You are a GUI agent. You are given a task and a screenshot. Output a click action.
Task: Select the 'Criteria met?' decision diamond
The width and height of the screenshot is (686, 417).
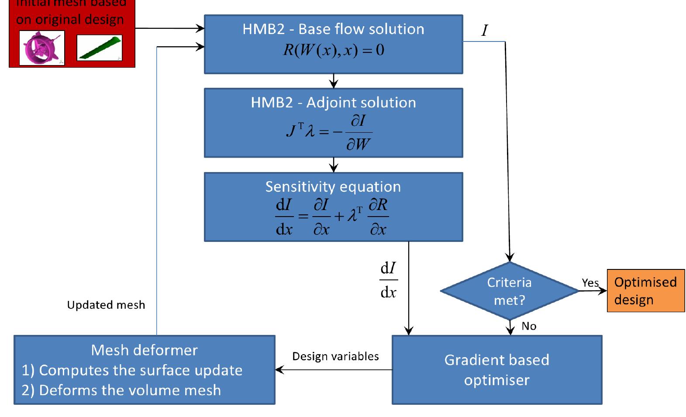click(x=510, y=291)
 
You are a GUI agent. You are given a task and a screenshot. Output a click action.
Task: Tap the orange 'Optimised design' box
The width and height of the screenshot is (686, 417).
click(x=645, y=291)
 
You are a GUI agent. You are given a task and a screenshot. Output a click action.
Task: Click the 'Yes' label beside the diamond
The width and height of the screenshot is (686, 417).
click(x=590, y=283)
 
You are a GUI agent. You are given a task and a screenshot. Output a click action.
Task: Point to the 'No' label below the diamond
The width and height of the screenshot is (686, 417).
click(x=529, y=326)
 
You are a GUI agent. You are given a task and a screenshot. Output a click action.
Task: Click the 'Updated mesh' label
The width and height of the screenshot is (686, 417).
click(x=106, y=305)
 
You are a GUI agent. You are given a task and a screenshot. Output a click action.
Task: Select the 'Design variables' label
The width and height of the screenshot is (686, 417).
click(x=335, y=356)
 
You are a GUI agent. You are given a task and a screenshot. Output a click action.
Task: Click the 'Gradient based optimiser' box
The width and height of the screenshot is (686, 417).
click(x=497, y=370)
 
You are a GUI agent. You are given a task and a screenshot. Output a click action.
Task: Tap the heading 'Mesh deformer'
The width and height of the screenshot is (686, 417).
click(x=145, y=350)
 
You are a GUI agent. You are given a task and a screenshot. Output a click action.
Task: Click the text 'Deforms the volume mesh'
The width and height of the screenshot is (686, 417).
click(x=130, y=390)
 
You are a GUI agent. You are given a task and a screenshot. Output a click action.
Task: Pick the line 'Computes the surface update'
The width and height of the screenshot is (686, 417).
click(x=141, y=370)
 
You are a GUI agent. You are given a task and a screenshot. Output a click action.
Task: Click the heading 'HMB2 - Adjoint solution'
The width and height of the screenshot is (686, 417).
click(x=333, y=103)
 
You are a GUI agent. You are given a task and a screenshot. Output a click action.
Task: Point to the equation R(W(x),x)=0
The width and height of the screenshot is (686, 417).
click(x=333, y=50)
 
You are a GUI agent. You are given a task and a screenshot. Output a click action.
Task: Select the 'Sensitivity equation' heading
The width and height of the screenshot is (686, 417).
click(x=333, y=187)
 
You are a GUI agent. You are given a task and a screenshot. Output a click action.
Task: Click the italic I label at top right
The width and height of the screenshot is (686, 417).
click(x=484, y=31)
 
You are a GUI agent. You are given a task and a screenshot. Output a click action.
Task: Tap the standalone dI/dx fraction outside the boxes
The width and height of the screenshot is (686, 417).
click(x=389, y=280)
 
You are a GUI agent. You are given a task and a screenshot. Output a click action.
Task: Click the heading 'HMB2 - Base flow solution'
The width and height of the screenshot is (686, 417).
click(x=333, y=29)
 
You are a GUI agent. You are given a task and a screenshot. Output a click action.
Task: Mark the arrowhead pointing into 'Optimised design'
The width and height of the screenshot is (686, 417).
click(x=603, y=291)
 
